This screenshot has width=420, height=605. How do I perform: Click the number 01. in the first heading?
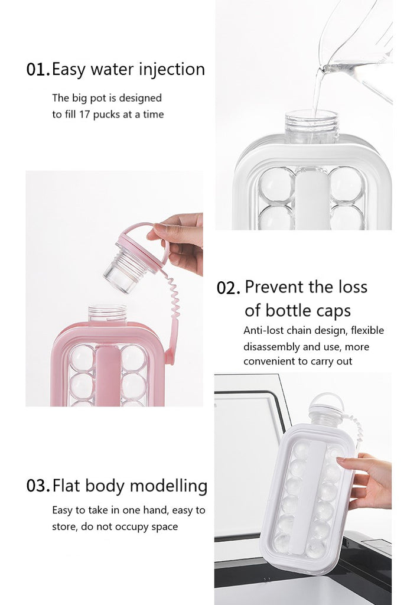tap(38, 70)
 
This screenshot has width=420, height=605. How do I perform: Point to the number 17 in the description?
tap(85, 114)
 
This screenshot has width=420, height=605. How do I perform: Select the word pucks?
tap(106, 115)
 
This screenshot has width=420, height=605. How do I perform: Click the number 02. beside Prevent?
tap(228, 288)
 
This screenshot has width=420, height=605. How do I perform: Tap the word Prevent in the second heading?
tap(275, 287)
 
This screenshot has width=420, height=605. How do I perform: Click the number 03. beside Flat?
tap(38, 486)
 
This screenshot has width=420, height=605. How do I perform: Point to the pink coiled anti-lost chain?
tap(172, 305)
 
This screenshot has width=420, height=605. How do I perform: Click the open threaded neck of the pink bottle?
tap(108, 313)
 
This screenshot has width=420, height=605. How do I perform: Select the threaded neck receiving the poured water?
tap(312, 126)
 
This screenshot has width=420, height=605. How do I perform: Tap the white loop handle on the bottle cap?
tap(326, 401)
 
